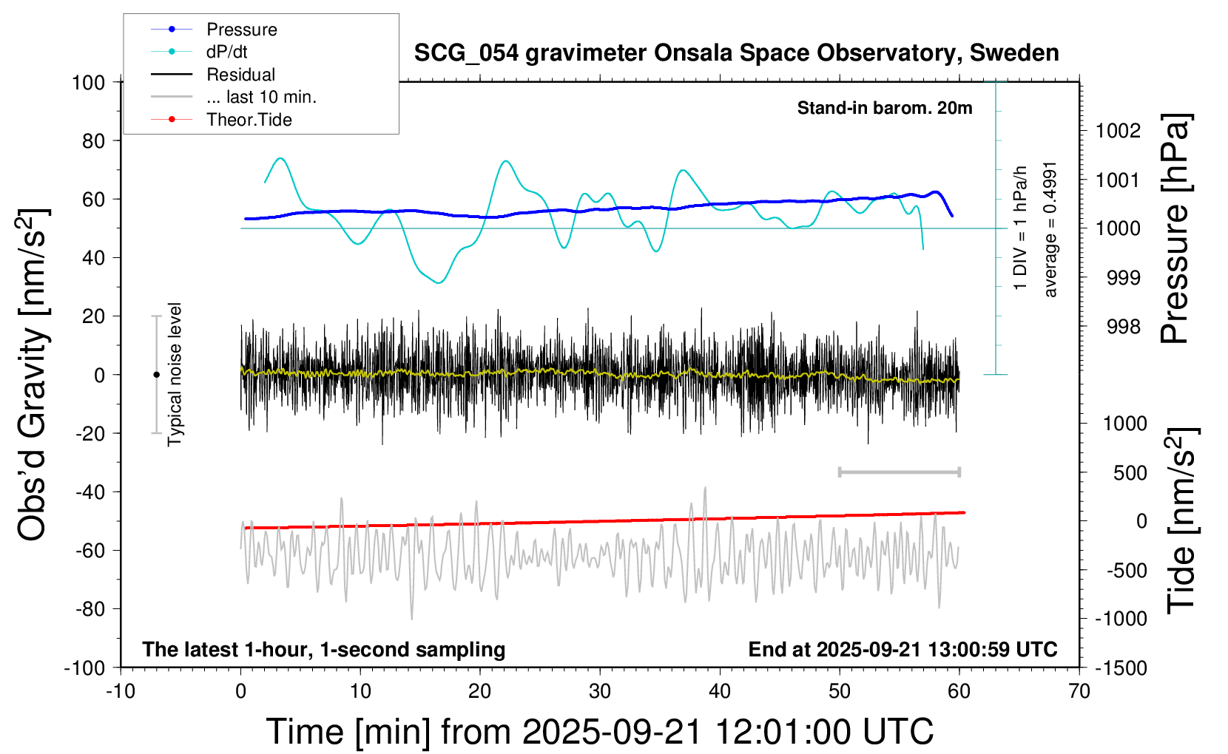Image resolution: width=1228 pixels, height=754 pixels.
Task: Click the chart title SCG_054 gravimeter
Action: click(x=736, y=53)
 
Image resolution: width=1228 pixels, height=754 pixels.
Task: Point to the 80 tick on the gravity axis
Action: click(x=93, y=140)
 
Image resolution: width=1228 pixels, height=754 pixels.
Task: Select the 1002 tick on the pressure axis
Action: click(x=1118, y=131)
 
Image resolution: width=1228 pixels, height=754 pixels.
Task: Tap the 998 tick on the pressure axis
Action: click(x=1123, y=326)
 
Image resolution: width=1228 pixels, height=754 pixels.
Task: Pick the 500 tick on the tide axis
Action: click(x=1130, y=472)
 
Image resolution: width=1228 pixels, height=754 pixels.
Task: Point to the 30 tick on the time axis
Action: click(x=600, y=691)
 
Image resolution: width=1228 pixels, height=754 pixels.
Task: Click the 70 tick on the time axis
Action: click(x=1079, y=691)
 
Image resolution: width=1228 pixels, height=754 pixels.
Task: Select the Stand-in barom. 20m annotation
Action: click(x=885, y=108)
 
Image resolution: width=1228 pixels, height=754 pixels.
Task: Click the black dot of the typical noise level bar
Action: click(x=156, y=375)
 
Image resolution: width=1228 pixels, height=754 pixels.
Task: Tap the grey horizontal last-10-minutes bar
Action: click(x=899, y=472)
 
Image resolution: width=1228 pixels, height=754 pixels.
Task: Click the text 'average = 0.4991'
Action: click(x=1050, y=230)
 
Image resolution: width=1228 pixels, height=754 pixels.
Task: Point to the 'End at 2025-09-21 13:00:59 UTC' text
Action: click(x=903, y=649)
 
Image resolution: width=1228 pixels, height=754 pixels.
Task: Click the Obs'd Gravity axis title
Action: click(x=34, y=375)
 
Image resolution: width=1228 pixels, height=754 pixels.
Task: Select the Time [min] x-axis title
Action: click(x=599, y=732)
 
